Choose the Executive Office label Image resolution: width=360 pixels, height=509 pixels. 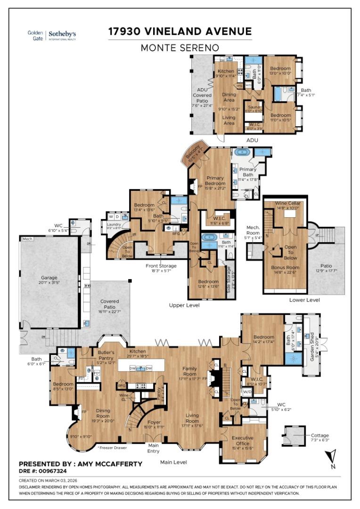coord(243,441)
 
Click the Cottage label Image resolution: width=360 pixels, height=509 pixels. coord(320,435)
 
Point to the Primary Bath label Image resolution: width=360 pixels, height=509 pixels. coord(248,172)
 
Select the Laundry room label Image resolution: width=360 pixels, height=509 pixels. coord(114,224)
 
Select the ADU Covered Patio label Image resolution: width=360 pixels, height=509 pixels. coord(202,94)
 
